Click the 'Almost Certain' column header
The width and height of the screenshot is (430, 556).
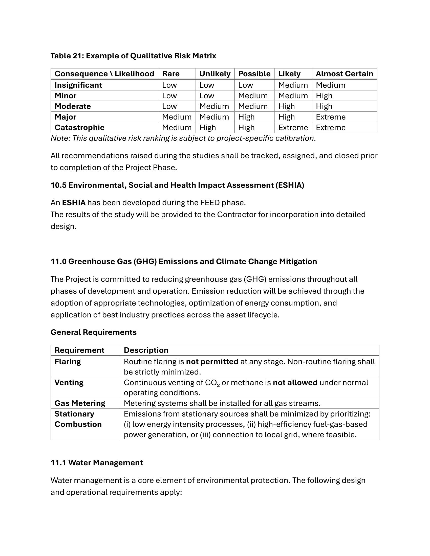pos(344,74)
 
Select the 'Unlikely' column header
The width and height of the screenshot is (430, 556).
pos(215,74)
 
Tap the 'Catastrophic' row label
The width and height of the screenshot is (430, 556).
pos(79,128)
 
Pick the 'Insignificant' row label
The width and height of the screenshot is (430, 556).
pos(78,85)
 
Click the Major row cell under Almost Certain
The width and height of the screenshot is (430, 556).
pos(331,117)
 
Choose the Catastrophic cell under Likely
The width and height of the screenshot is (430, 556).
pos(293,128)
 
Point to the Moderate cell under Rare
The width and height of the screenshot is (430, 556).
pos(169,106)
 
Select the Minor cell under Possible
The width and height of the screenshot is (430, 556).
pos(253,96)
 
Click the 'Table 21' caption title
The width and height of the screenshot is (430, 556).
pos(133,56)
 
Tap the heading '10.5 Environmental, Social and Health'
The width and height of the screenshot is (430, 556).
pos(177,185)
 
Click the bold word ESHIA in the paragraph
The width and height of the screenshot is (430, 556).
pos(74,203)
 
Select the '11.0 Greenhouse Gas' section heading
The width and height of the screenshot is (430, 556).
pos(184,262)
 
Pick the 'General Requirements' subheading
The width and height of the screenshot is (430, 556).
pos(94,332)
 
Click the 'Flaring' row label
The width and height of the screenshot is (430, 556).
pos(68,361)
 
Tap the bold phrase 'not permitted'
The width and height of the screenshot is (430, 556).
pos(212,361)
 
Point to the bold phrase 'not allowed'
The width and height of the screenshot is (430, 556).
pos(295,383)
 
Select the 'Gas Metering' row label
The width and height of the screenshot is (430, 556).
pos(80,403)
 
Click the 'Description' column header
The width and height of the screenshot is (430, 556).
pos(146,350)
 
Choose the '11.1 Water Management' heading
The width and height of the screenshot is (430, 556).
pos(97,462)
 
